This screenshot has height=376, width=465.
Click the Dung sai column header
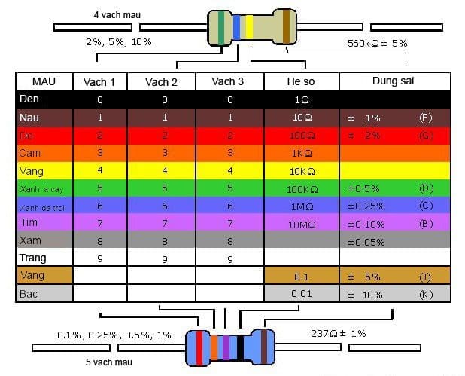coord(393,81)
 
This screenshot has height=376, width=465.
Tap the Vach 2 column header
coord(161,81)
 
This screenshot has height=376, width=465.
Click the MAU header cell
coord(44,81)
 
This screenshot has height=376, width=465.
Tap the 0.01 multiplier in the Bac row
coord(301,294)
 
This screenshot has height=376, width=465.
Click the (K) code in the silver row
coord(425,294)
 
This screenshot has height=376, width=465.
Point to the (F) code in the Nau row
coord(425,118)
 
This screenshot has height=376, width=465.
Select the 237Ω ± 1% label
coord(339,333)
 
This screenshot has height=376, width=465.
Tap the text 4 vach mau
coord(118,14)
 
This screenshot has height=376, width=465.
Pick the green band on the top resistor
coord(220,27)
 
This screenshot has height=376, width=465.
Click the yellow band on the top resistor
coord(249,27)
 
